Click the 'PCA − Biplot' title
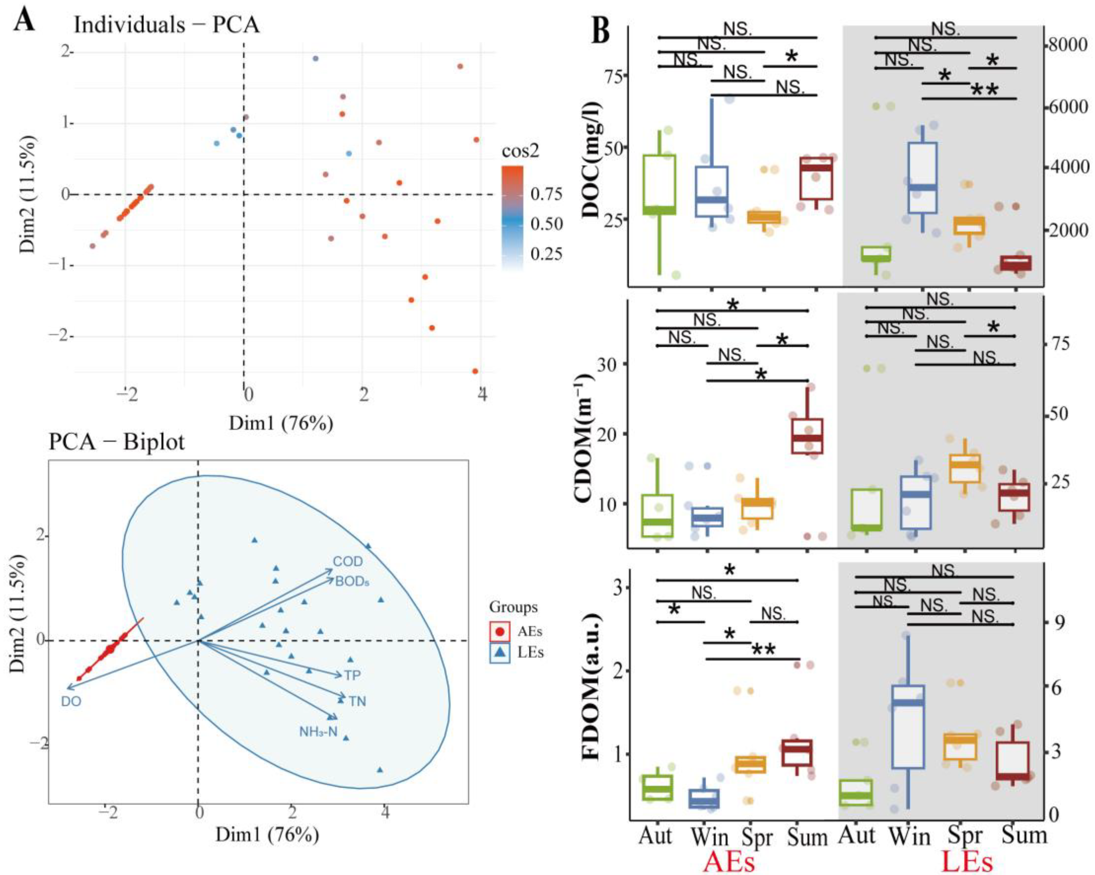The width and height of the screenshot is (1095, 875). click(x=116, y=442)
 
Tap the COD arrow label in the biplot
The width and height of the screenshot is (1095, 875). click(x=348, y=561)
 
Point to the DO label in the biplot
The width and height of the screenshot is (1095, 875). click(x=71, y=701)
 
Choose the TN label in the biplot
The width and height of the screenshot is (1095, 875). click(x=358, y=701)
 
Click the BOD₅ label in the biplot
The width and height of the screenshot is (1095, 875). click(x=352, y=581)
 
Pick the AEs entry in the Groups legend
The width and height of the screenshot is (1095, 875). click(x=529, y=631)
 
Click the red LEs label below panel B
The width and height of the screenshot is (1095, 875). click(x=967, y=861)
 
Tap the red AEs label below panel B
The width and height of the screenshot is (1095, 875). click(x=728, y=861)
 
